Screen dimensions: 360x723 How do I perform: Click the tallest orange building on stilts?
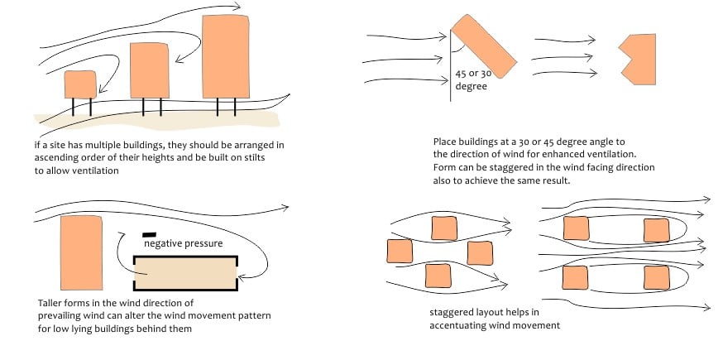pyautogui.click(x=226, y=56)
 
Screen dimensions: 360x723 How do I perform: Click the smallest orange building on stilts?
pyautogui.click(x=80, y=84)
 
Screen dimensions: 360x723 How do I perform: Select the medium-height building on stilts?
pyautogui.click(x=150, y=71)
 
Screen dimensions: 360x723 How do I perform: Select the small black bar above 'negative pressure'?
pyautogui.click(x=150, y=234)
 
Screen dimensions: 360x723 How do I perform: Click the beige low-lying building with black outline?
pyautogui.click(x=185, y=272)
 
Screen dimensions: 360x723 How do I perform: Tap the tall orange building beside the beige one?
pyautogui.click(x=81, y=252)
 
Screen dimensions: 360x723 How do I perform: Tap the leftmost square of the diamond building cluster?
pyautogui.click(x=400, y=251)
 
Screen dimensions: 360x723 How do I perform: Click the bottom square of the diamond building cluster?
pyautogui.click(x=438, y=274)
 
